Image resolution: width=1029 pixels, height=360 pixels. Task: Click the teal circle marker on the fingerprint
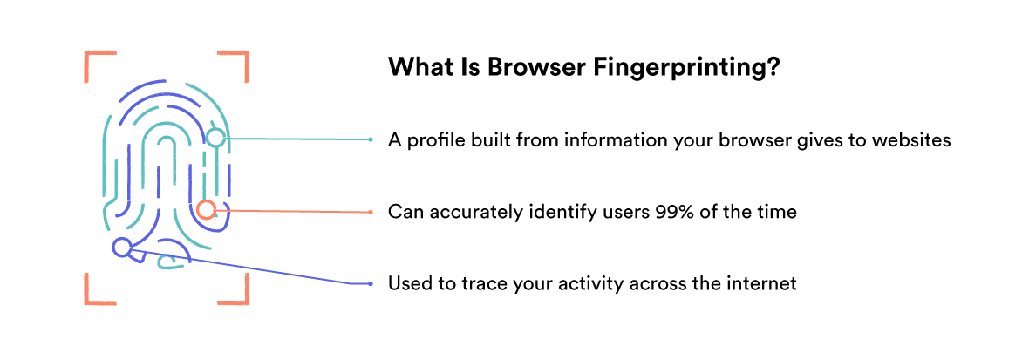[215, 138]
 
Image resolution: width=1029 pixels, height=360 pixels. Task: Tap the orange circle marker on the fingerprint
[206, 209]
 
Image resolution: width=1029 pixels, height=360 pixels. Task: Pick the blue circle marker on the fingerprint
[122, 248]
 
